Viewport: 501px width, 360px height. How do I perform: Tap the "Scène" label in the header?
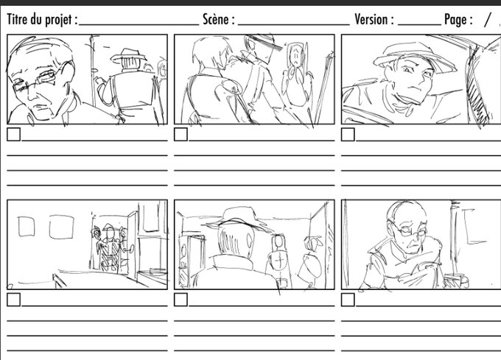coord(217,19)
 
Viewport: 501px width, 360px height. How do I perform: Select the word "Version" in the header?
coord(371,19)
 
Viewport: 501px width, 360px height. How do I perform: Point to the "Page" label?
coord(455,20)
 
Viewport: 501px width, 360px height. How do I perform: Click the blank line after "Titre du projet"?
coord(139,24)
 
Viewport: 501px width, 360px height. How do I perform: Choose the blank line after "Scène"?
coord(294,24)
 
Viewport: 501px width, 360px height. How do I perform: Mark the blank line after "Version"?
coord(419,24)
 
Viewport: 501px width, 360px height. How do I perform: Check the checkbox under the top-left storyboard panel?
coord(14,135)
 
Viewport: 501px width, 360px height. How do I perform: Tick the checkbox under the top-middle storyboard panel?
coord(181,135)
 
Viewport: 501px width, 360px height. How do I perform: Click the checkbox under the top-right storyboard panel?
coord(348,135)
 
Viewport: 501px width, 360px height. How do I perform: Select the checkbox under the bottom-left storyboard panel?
coord(14,300)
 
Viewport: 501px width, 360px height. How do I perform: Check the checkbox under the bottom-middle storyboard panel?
coord(181,300)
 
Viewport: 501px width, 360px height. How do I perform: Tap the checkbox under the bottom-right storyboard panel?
coord(348,300)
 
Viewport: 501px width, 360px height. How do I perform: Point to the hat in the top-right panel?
coord(415,57)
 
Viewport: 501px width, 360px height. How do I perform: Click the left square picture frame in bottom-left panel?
coord(27,227)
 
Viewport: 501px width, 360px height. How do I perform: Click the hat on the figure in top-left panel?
coord(128,56)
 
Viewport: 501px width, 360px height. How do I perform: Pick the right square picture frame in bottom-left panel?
coord(62,227)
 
